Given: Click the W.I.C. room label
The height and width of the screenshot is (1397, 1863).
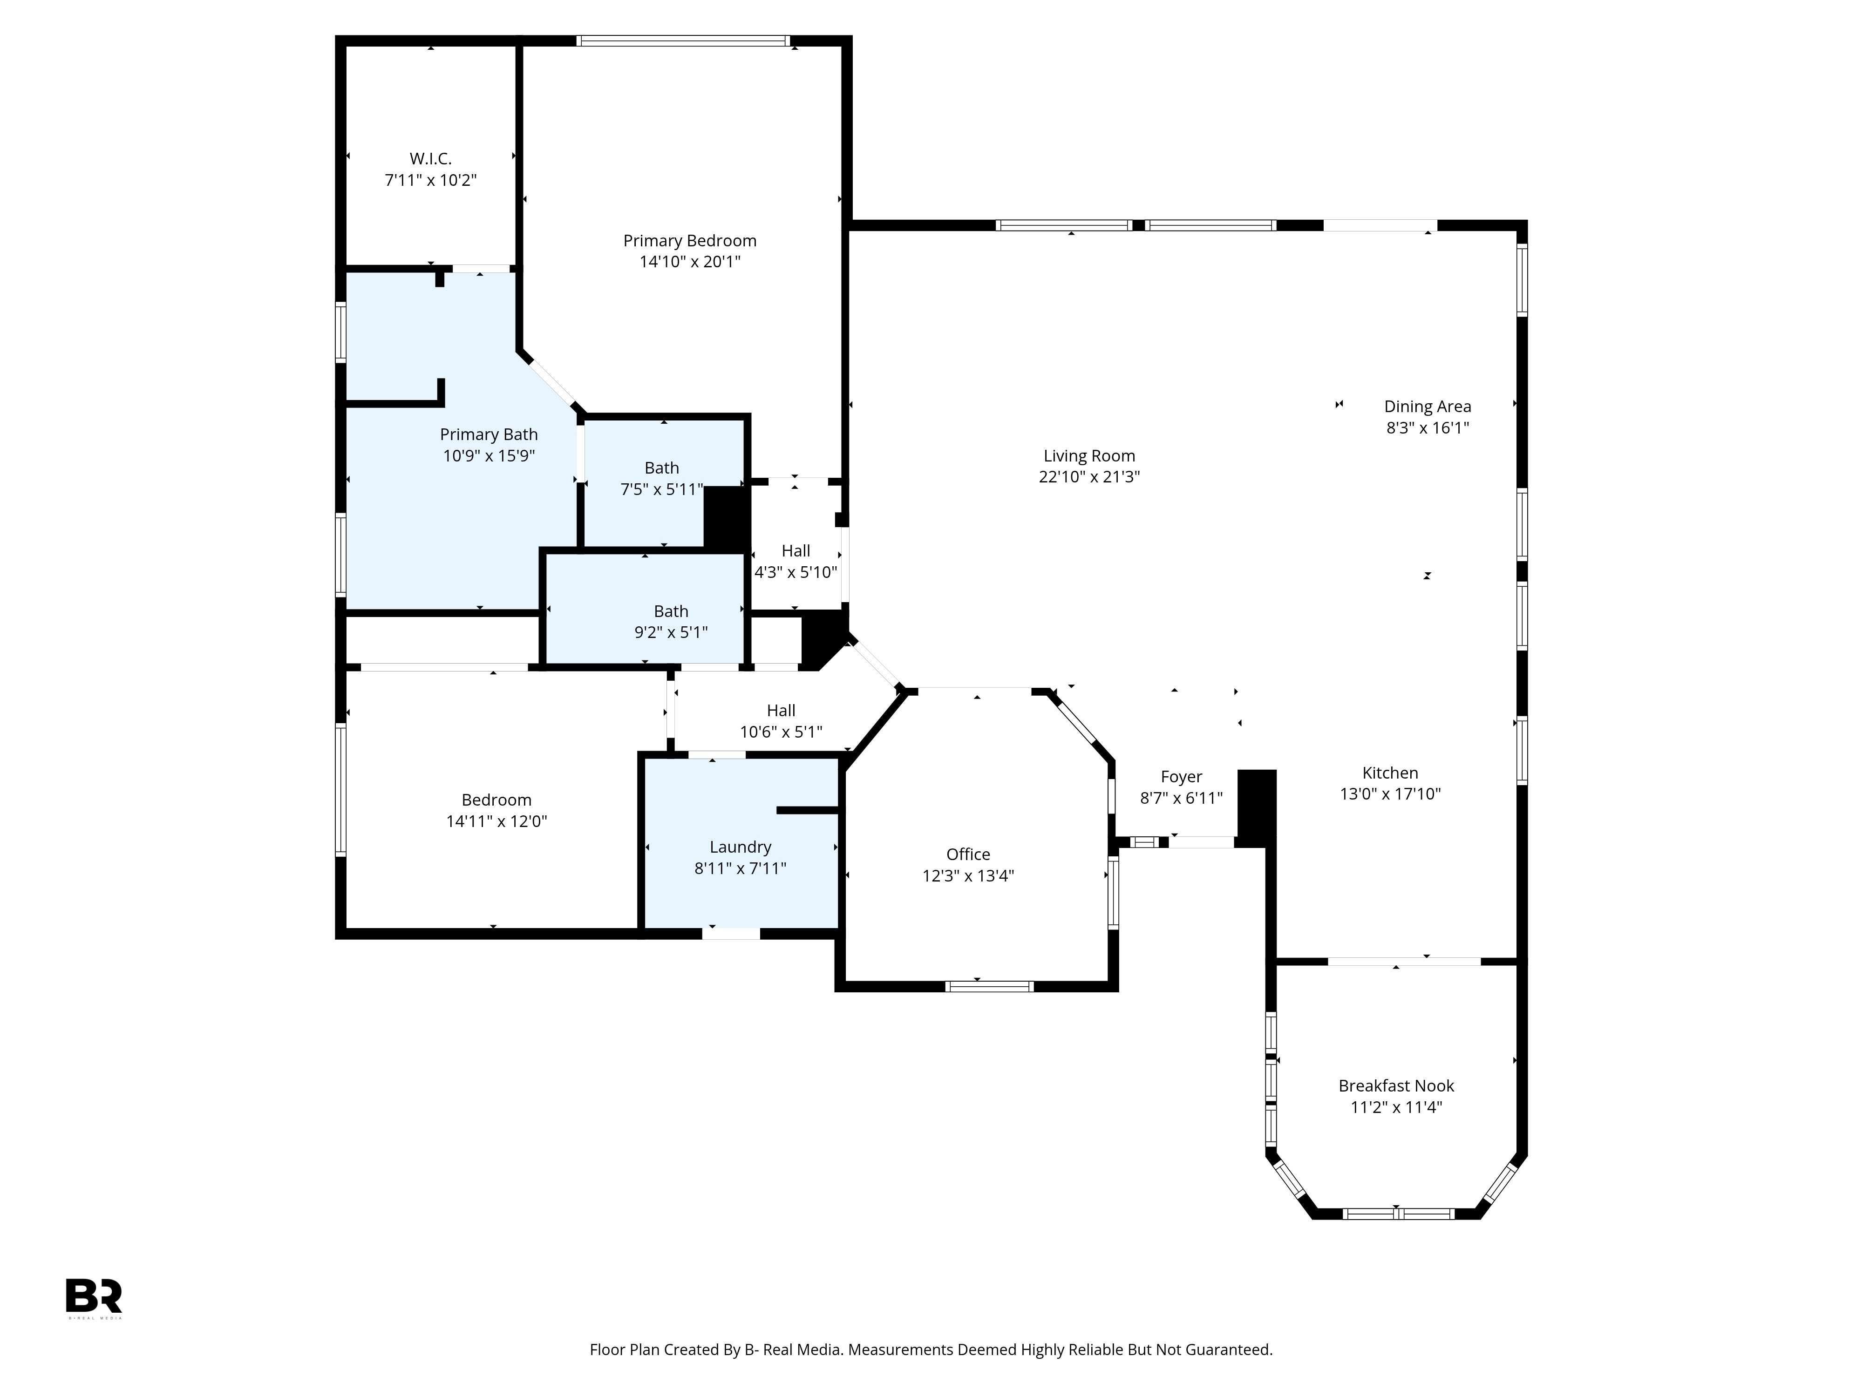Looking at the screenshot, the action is coord(430,158).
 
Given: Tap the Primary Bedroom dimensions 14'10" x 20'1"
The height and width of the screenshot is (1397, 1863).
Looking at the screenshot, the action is coord(690,262).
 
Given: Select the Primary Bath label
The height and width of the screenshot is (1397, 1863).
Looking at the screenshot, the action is coord(489,434).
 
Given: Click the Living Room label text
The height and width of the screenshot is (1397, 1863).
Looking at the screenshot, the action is coord(1089,455).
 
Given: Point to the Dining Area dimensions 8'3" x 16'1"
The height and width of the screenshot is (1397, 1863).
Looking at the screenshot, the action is coord(1428,428).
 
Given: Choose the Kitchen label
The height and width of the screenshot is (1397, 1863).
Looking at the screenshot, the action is coord(1390,773).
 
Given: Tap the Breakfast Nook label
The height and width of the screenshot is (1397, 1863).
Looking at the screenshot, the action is coord(1396,1086).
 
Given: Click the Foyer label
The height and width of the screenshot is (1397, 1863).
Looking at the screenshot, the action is coord(1181,777).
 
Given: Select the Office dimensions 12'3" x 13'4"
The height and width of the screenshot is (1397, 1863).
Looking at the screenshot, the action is coord(968,876).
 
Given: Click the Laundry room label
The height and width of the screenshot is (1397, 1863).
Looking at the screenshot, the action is coord(741,847).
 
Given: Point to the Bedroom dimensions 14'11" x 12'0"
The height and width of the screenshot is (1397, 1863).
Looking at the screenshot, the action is coord(496,821).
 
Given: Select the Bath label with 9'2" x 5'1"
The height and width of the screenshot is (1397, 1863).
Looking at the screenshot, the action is coord(670,611).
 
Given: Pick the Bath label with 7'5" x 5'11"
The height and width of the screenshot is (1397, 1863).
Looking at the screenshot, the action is coord(661,468).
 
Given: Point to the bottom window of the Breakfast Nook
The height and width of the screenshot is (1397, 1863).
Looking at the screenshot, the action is coord(1397,1214).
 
